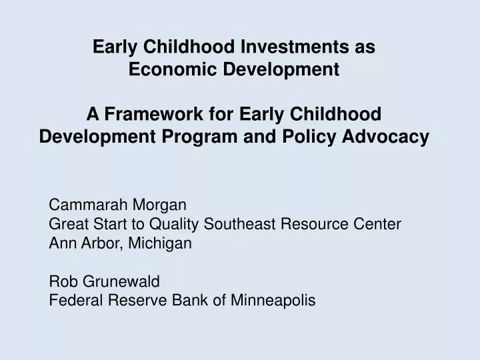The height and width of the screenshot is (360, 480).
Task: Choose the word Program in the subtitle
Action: tap(204, 137)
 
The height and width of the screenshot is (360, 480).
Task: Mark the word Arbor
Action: tap(98, 243)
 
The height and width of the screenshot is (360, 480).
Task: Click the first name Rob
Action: tap(63, 281)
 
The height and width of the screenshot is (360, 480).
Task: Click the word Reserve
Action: tap(136, 301)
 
